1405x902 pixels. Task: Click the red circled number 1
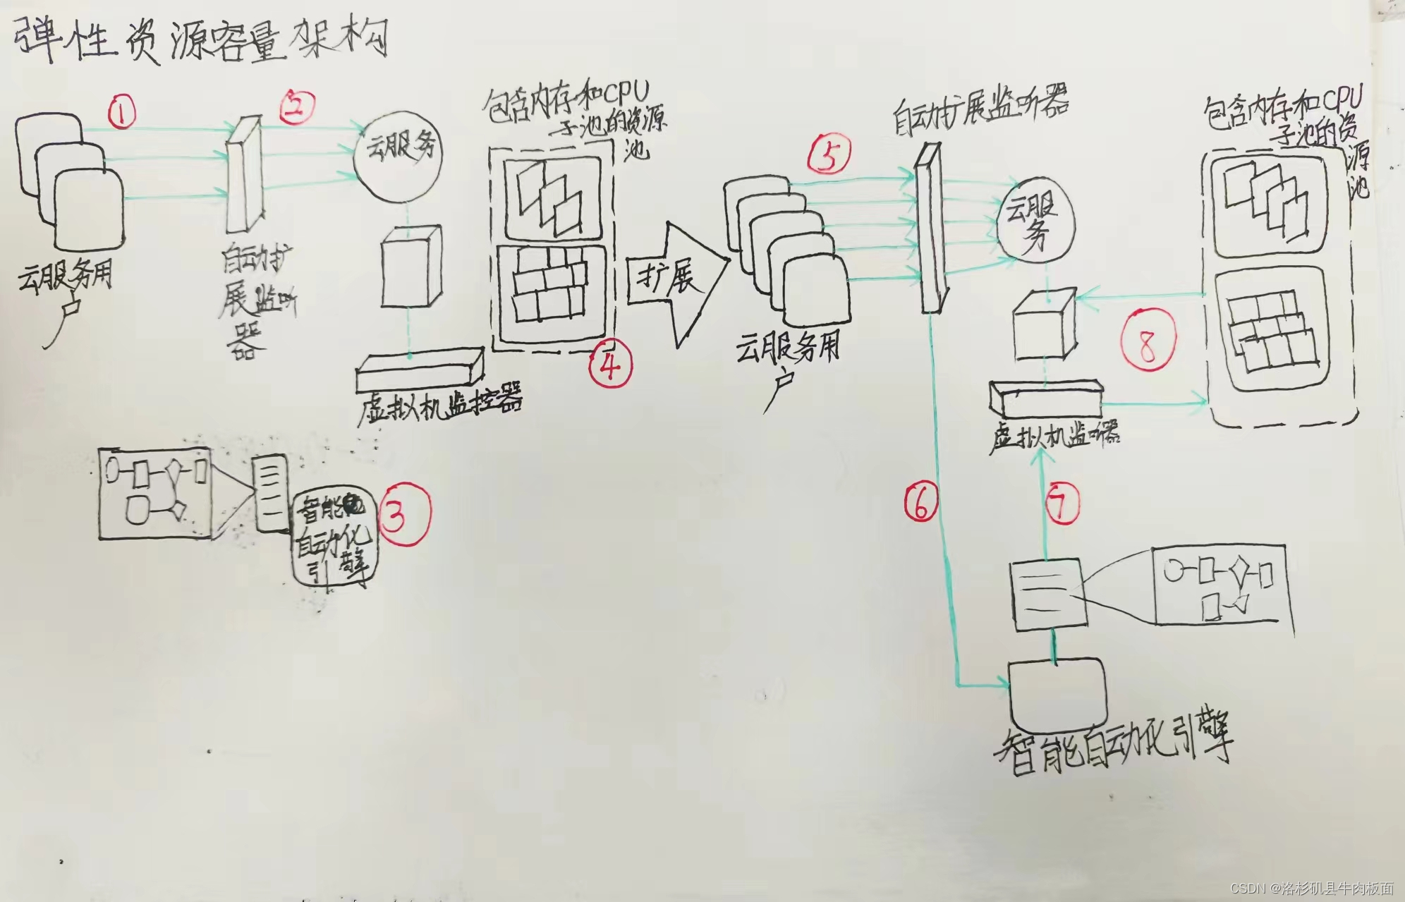click(122, 112)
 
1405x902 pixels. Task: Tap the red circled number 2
click(298, 107)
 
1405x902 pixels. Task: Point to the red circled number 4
click(611, 365)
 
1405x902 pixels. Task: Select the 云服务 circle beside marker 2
click(399, 157)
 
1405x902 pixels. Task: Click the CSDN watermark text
click(1312, 888)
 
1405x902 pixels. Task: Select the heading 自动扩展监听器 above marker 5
click(980, 113)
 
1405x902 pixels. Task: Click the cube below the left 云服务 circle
click(410, 267)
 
